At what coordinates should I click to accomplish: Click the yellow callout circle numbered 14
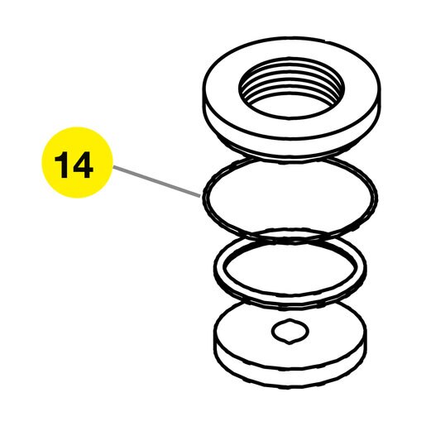[x=77, y=162]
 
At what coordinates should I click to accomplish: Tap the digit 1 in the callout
[x=61, y=165]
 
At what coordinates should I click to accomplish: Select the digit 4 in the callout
[x=82, y=165]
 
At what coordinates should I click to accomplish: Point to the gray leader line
[x=156, y=181]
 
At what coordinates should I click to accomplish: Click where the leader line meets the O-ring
[x=200, y=196]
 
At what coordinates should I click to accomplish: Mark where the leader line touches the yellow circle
[x=113, y=166]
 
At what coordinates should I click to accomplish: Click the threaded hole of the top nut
[x=291, y=87]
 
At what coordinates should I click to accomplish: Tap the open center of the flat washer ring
[x=290, y=267]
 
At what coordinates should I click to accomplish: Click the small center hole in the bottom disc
[x=290, y=331]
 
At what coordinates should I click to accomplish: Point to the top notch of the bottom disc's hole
[x=290, y=319]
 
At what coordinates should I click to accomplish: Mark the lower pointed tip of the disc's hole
[x=289, y=344]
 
